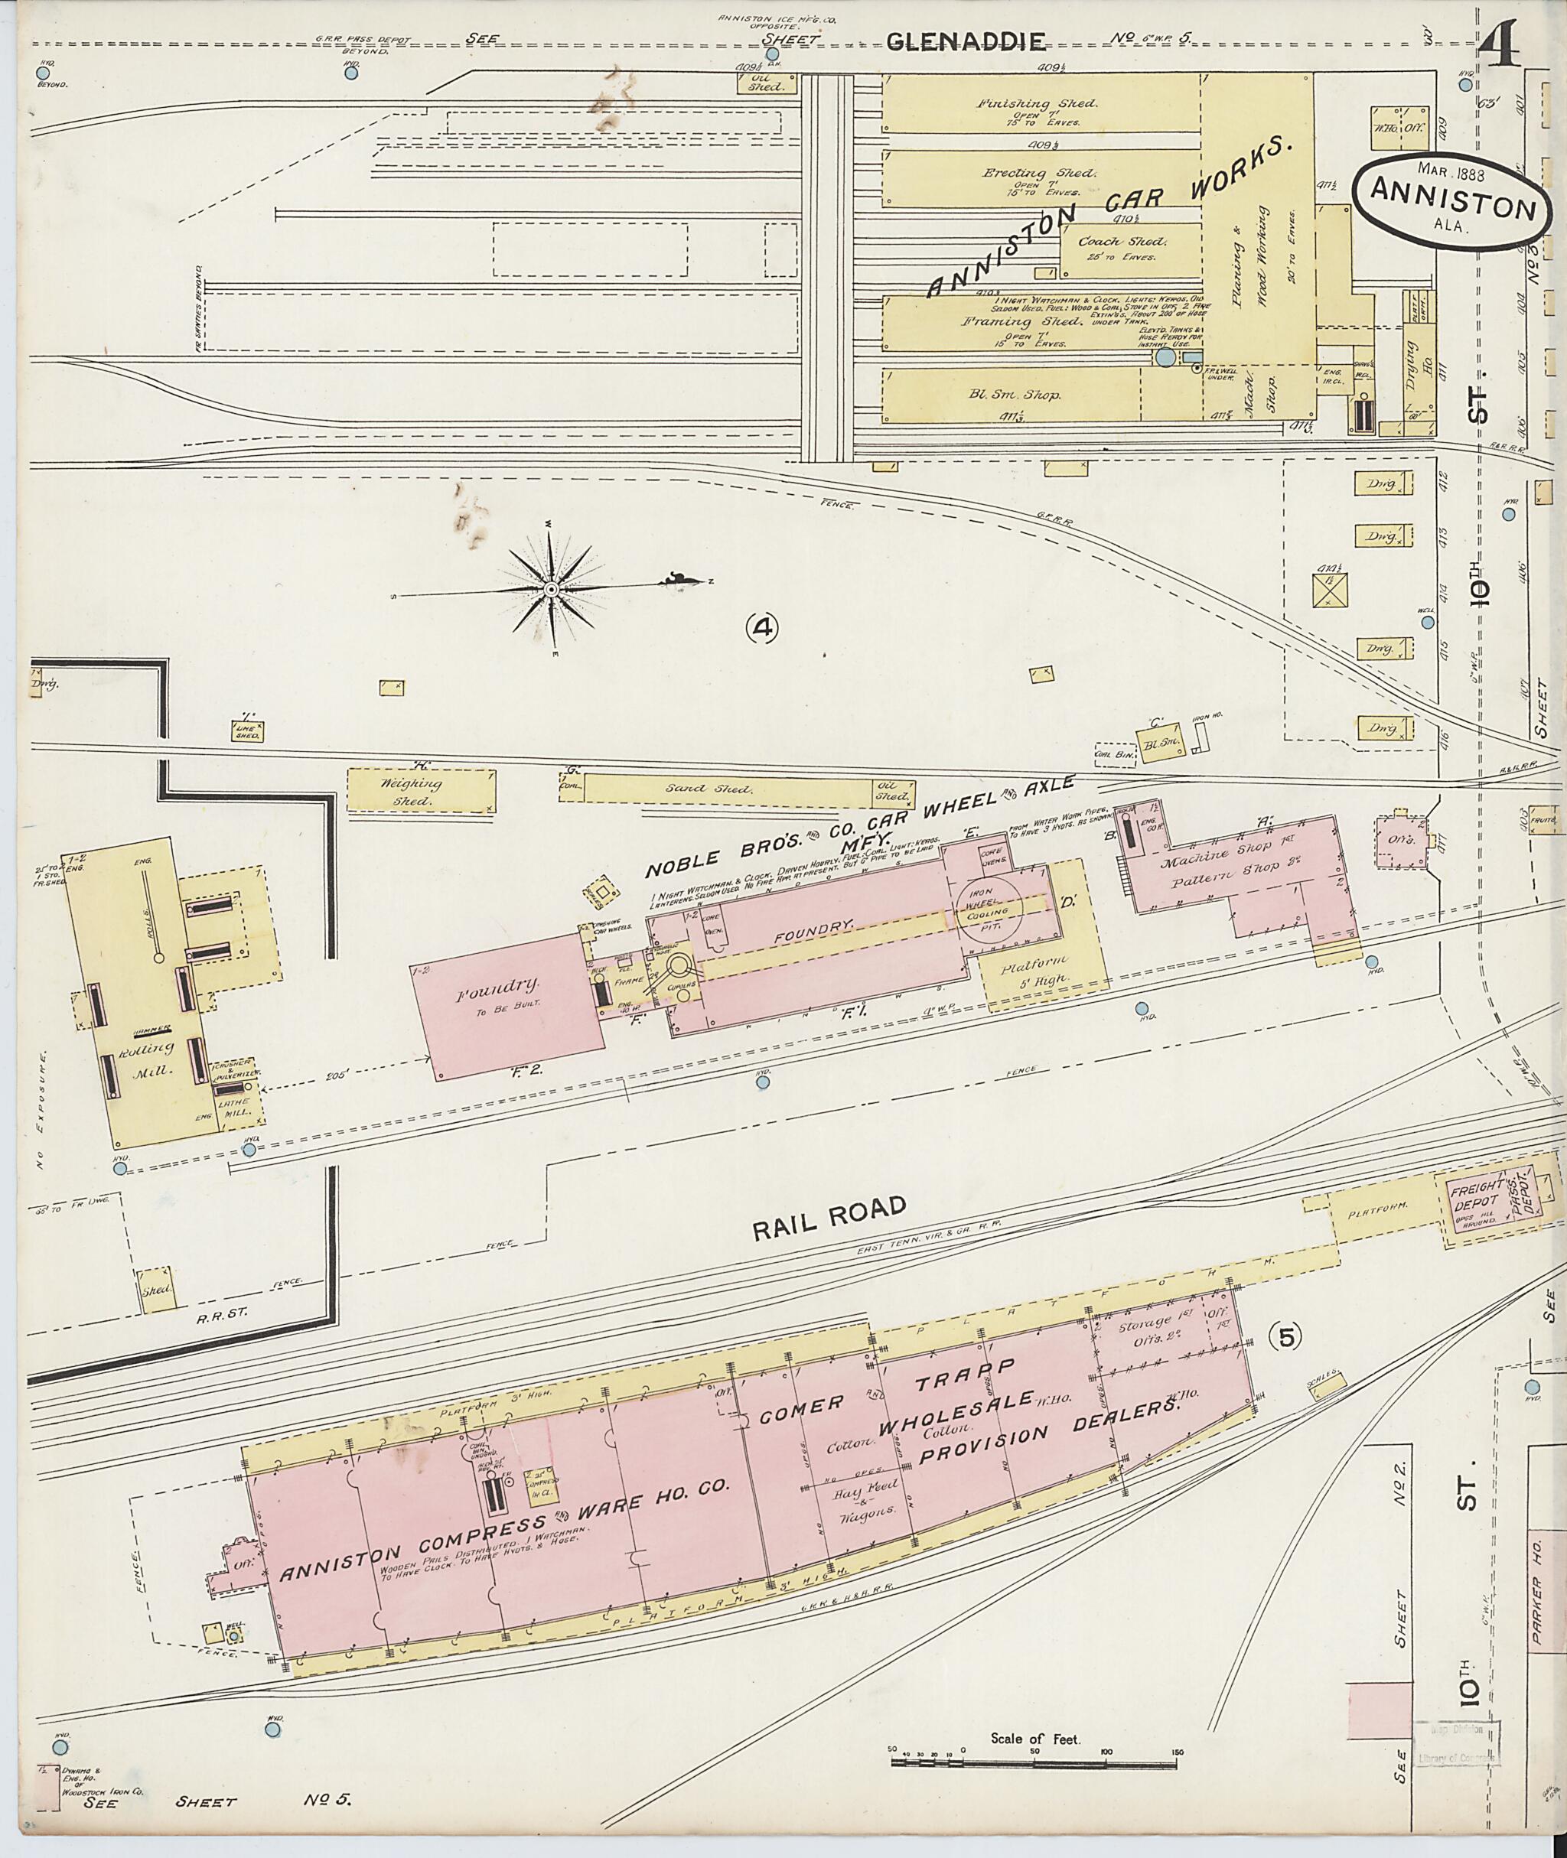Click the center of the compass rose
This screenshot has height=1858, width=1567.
click(550, 589)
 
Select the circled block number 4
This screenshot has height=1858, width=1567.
click(762, 628)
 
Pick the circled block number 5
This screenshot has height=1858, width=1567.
click(1285, 1335)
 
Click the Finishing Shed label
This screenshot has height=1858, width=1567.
click(1037, 104)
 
